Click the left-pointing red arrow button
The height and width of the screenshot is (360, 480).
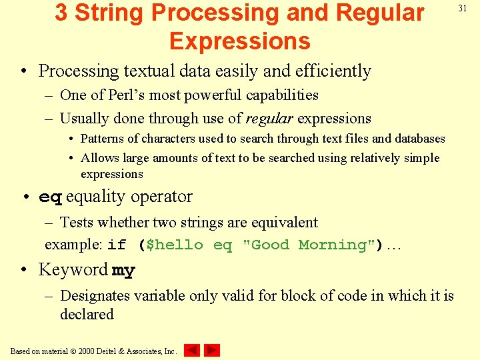(192, 350)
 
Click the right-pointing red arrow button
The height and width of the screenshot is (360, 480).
(212, 350)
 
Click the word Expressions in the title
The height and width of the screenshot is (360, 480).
(239, 41)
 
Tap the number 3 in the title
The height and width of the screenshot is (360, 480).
(61, 13)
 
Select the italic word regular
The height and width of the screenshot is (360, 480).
(269, 119)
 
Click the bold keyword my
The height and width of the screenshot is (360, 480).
(123, 270)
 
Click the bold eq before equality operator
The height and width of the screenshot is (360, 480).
(51, 197)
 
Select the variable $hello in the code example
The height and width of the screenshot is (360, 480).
(174, 245)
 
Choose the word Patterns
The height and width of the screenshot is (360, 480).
(102, 139)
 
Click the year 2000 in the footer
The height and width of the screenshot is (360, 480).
(85, 351)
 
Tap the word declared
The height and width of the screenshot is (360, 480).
(87, 314)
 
